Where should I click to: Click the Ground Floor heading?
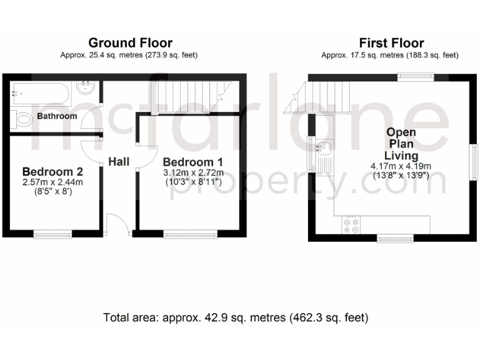pos(129,43)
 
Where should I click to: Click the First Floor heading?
pos(391,43)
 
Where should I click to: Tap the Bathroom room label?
pos(57,116)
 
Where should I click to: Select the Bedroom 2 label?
pos(52,171)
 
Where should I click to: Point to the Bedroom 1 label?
pos(193,162)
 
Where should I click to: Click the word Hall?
pos(119,162)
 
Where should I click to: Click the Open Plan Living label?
pos(401,144)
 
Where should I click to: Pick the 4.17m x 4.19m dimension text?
pos(401,167)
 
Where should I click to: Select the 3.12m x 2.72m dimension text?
pos(193,172)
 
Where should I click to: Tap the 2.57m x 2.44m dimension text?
pos(52,182)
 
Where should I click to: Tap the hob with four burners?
pos(350,226)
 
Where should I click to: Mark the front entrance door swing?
pos(117,224)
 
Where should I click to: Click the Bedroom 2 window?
pos(52,234)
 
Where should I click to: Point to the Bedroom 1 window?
pos(190,234)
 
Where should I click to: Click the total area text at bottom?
pos(236,317)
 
